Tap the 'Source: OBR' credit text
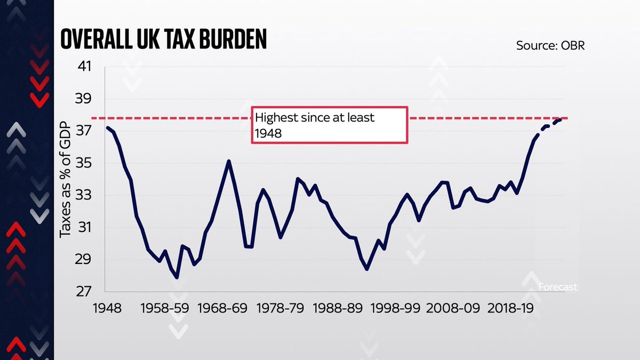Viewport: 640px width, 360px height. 550,45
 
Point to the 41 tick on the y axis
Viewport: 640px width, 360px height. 85,67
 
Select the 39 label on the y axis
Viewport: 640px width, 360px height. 85,99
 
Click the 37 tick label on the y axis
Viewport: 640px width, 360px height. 85,131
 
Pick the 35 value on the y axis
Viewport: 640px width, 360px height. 85,163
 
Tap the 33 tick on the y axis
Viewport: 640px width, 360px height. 85,196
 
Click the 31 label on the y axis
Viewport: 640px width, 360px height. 85,228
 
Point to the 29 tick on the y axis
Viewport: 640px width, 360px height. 85,260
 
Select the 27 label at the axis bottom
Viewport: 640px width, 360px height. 85,292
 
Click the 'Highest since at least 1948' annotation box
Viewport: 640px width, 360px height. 330,125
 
